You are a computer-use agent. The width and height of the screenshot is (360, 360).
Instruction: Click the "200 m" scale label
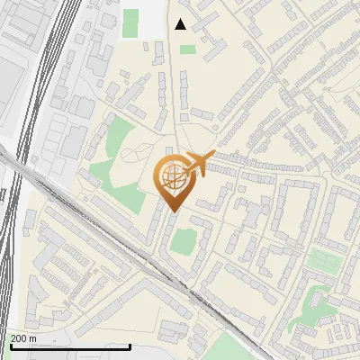(23, 337)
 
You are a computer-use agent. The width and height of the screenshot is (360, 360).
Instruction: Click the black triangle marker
(181, 24)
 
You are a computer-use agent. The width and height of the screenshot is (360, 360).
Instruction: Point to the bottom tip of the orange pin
(171, 212)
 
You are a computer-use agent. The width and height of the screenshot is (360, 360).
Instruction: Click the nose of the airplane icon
(212, 155)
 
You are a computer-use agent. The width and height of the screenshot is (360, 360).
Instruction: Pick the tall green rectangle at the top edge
(130, 23)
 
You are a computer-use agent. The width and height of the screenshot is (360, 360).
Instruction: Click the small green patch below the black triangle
(187, 49)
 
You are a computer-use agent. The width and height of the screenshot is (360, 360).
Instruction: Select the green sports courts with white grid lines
(323, 262)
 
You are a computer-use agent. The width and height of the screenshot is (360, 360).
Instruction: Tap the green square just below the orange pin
(183, 241)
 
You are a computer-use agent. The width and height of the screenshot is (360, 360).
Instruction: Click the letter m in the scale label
(32, 337)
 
